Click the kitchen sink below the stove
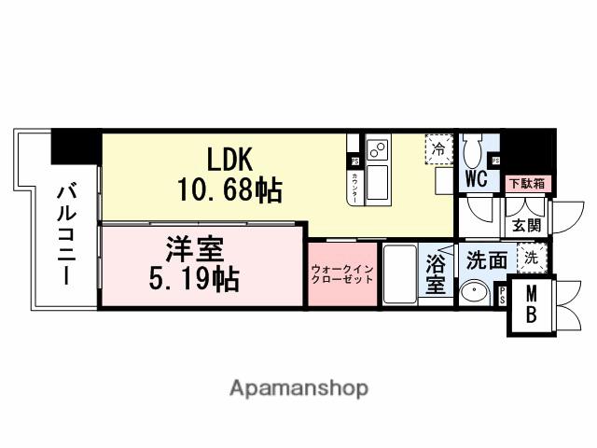[379, 182]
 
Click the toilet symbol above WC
[475, 148]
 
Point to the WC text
[475, 179]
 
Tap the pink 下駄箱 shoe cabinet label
[529, 183]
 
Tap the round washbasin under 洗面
[475, 292]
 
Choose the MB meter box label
[530, 303]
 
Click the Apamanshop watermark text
[298, 387]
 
